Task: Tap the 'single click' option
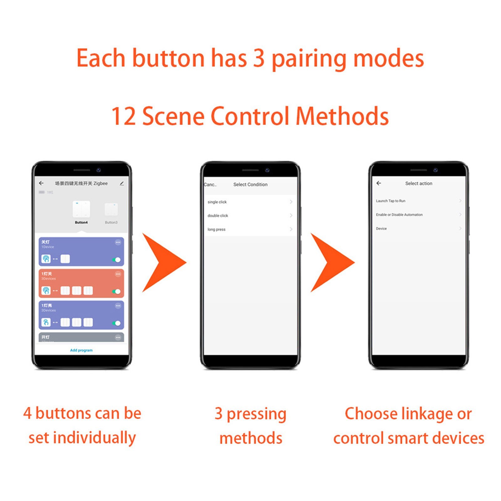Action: click(x=217, y=202)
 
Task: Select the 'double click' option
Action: click(x=218, y=216)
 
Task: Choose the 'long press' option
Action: click(x=217, y=230)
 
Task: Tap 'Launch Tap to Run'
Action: click(x=391, y=201)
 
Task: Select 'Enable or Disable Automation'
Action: click(x=399, y=215)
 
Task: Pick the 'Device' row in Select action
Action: click(x=381, y=229)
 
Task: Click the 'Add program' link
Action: click(x=81, y=350)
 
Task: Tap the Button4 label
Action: click(x=81, y=222)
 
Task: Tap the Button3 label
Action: click(x=111, y=222)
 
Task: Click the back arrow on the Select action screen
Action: click(x=379, y=183)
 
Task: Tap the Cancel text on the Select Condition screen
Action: click(x=210, y=184)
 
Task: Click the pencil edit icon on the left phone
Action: click(x=122, y=183)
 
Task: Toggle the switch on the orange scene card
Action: click(x=116, y=292)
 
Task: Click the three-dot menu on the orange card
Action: click(x=118, y=274)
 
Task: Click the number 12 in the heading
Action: click(x=123, y=116)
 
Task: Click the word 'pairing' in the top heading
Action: click(x=308, y=59)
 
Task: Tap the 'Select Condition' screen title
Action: click(x=250, y=184)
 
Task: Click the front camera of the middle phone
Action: click(x=267, y=170)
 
